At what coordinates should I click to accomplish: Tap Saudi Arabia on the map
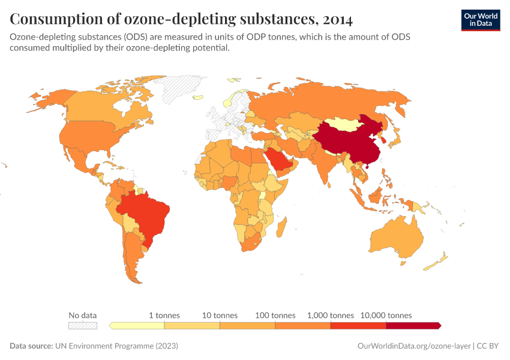coord(278,160)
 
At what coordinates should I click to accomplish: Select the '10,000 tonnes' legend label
coord(386,315)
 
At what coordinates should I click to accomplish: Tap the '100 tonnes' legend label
coord(275,315)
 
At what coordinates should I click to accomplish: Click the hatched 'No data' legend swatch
coord(83,325)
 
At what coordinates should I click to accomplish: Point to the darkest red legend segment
coord(413,325)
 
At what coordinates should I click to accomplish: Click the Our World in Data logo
coord(480,20)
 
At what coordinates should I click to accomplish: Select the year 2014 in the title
coord(337,19)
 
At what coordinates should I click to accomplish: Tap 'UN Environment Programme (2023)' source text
coord(116,346)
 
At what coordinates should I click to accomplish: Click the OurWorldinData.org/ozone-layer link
coord(413,346)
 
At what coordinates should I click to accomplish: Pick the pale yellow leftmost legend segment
coord(137,325)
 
